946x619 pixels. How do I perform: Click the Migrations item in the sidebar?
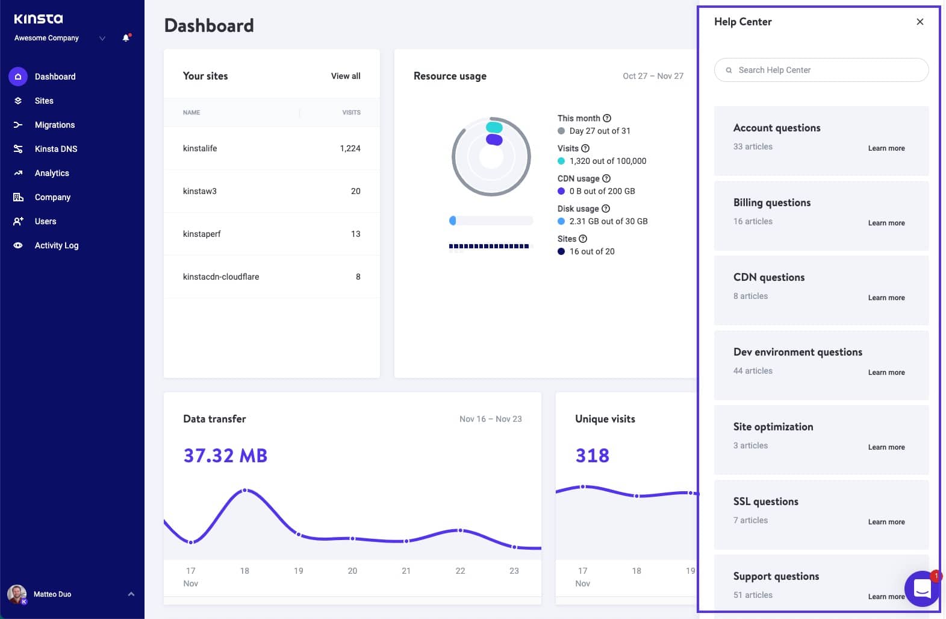[54, 125]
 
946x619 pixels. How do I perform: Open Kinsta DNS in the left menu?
[55, 149]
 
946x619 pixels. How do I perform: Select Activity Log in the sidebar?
[56, 245]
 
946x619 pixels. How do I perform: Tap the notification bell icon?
[126, 38]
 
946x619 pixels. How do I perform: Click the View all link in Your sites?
[346, 76]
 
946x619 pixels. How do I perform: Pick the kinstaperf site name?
[202, 234]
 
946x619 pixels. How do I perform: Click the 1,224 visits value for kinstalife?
[350, 148]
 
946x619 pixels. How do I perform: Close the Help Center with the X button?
[920, 22]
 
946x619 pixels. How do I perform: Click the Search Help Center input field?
[821, 70]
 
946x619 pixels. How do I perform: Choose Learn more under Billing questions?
[886, 223]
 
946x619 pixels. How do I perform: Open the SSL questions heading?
[765, 501]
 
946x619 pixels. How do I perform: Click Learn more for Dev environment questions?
[886, 372]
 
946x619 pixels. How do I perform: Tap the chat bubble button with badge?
[922, 588]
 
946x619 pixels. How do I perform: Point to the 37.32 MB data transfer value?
[225, 456]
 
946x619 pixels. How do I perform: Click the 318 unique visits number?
[592, 456]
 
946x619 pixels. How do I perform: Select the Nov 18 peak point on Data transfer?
[244, 491]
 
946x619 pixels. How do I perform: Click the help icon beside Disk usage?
[606, 209]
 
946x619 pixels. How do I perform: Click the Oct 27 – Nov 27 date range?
[653, 76]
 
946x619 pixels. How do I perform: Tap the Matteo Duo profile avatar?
[17, 594]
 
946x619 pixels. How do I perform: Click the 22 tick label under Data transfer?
[460, 571]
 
